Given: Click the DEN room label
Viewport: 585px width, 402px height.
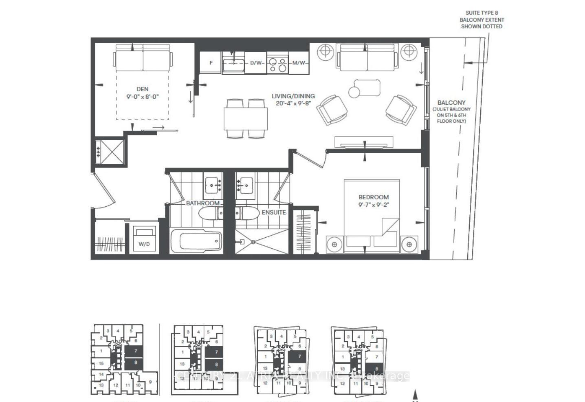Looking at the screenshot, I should point(142,89).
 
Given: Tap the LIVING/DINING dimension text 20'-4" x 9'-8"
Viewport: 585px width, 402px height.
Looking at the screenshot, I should point(293,104).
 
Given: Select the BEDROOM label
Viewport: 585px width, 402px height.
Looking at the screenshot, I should point(373,197).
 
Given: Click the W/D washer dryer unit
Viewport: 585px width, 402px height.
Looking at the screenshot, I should point(144,239).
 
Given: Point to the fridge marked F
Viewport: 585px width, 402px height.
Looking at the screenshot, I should point(211,63).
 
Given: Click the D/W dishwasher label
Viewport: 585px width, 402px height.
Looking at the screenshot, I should point(256,63).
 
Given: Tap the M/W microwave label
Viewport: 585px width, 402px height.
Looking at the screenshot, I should point(299,63).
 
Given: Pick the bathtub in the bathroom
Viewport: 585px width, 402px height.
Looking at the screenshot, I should point(196,242).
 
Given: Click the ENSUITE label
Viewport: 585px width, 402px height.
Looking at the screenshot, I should point(273,212).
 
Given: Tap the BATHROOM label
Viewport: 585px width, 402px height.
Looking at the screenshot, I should point(202,203).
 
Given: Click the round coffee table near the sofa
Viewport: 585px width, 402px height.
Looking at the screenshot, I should point(354,92).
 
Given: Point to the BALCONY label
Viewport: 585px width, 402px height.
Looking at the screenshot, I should point(451,103).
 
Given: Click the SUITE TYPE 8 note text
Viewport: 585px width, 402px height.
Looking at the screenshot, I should point(482,13).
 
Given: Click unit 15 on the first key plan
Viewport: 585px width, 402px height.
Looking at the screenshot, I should point(101,363).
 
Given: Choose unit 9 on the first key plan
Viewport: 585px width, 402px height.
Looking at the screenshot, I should point(150,382).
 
